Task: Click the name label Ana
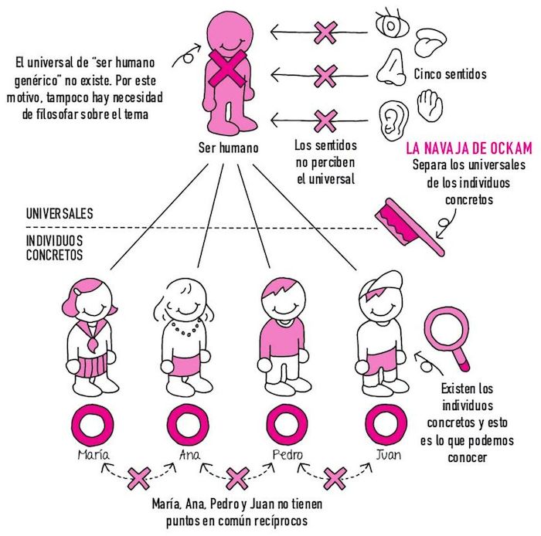click(189, 455)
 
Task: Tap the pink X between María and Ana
click(140, 479)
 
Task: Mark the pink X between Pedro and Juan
click(334, 479)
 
